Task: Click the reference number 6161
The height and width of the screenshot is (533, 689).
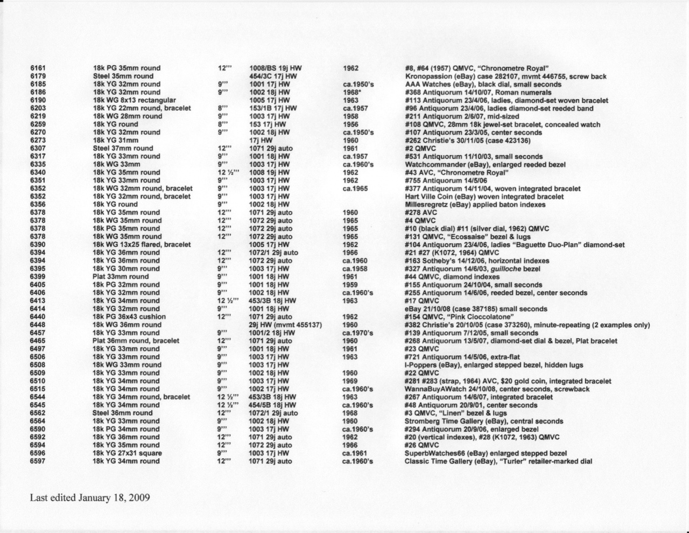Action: pos(38,68)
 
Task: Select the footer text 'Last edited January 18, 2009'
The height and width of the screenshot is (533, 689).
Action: pos(89,497)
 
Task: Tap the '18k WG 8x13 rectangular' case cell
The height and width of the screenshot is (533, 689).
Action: pos(134,100)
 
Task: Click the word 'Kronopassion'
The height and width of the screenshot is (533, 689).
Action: pos(427,76)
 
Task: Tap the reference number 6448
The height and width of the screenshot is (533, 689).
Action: pos(38,325)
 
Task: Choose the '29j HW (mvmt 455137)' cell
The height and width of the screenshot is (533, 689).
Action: pos(285,325)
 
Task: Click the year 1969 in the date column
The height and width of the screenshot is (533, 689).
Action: pos(350,381)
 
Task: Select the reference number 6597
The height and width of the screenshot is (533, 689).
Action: pos(38,461)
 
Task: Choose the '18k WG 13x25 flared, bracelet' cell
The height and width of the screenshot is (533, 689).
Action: pos(142,244)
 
